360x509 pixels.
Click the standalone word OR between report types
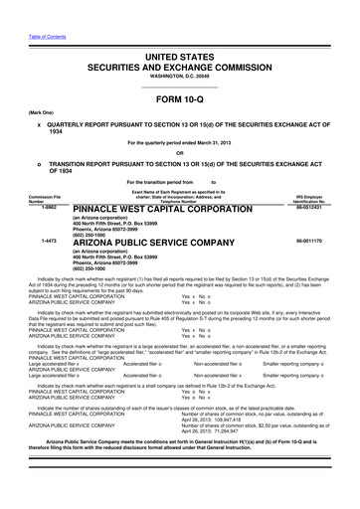(x=180, y=152)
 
